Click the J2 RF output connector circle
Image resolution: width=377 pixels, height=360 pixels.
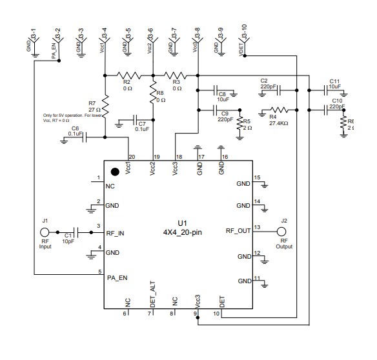[x=282, y=232]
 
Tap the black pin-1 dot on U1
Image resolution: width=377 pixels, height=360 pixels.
[x=115, y=172]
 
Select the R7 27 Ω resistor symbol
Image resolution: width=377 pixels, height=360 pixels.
[x=105, y=106]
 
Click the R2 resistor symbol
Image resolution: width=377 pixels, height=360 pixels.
[x=128, y=74]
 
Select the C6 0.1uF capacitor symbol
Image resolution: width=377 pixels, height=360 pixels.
[x=84, y=137]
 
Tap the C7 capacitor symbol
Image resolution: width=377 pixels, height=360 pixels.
[x=136, y=119]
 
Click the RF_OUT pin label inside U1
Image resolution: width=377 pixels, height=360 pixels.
[x=238, y=230]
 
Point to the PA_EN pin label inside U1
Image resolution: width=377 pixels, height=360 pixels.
[x=118, y=277]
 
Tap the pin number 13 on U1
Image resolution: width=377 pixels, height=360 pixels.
[x=257, y=226]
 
